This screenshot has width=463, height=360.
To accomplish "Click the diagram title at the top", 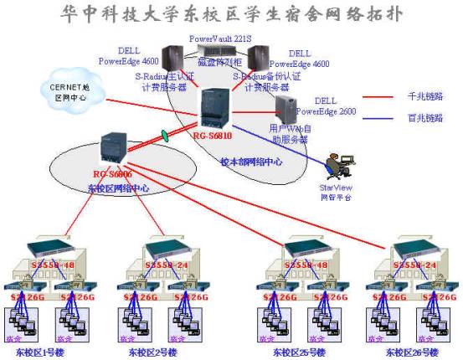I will click(x=231, y=14).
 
